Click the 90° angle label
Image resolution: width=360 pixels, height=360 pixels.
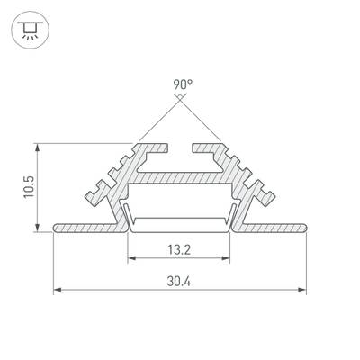click(183, 85)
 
